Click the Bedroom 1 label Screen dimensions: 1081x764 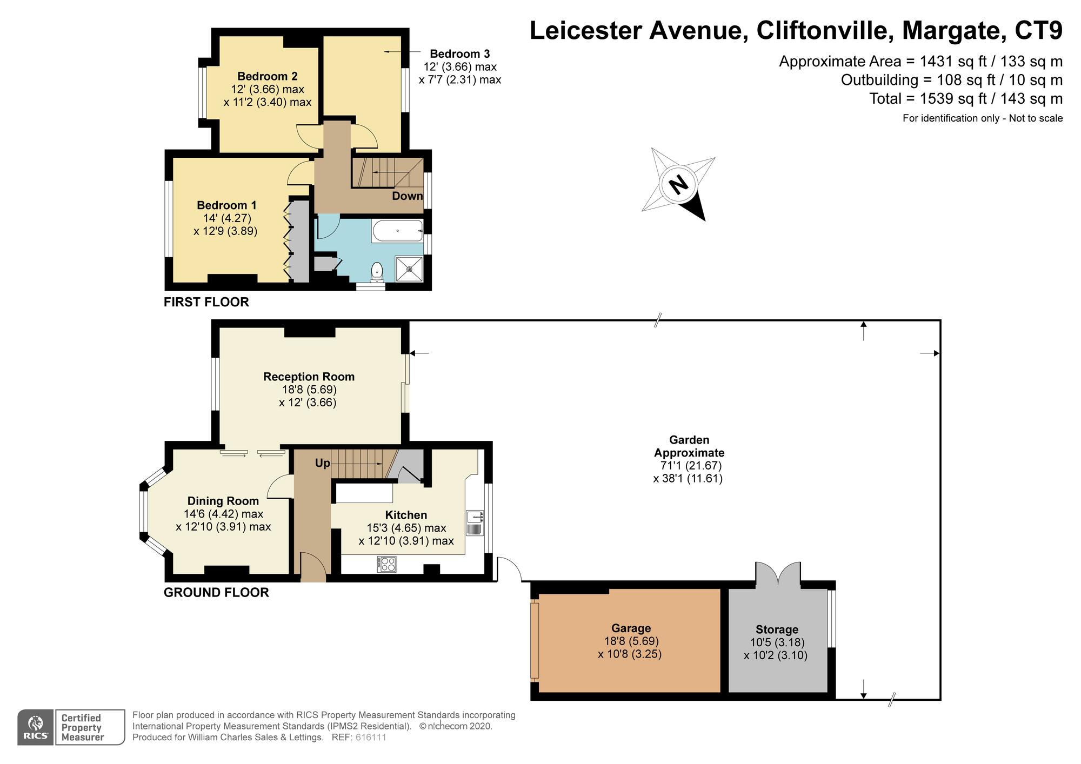point(226,205)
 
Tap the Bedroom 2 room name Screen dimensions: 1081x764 point(268,76)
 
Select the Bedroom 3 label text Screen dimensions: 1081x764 point(460,54)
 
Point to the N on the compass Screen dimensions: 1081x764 point(679,185)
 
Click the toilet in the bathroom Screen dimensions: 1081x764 point(377,272)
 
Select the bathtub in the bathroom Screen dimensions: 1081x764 point(397,231)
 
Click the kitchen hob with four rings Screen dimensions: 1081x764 point(387,564)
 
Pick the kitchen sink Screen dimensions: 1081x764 point(475,522)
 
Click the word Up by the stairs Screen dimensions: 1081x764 point(322,464)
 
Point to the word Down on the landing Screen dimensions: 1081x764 point(407,196)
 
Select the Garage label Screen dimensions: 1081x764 point(631,628)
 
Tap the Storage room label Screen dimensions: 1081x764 point(777,629)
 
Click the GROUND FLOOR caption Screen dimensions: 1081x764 point(216,593)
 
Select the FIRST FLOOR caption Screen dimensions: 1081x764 point(206,302)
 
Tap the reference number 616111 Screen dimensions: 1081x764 point(371,738)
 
